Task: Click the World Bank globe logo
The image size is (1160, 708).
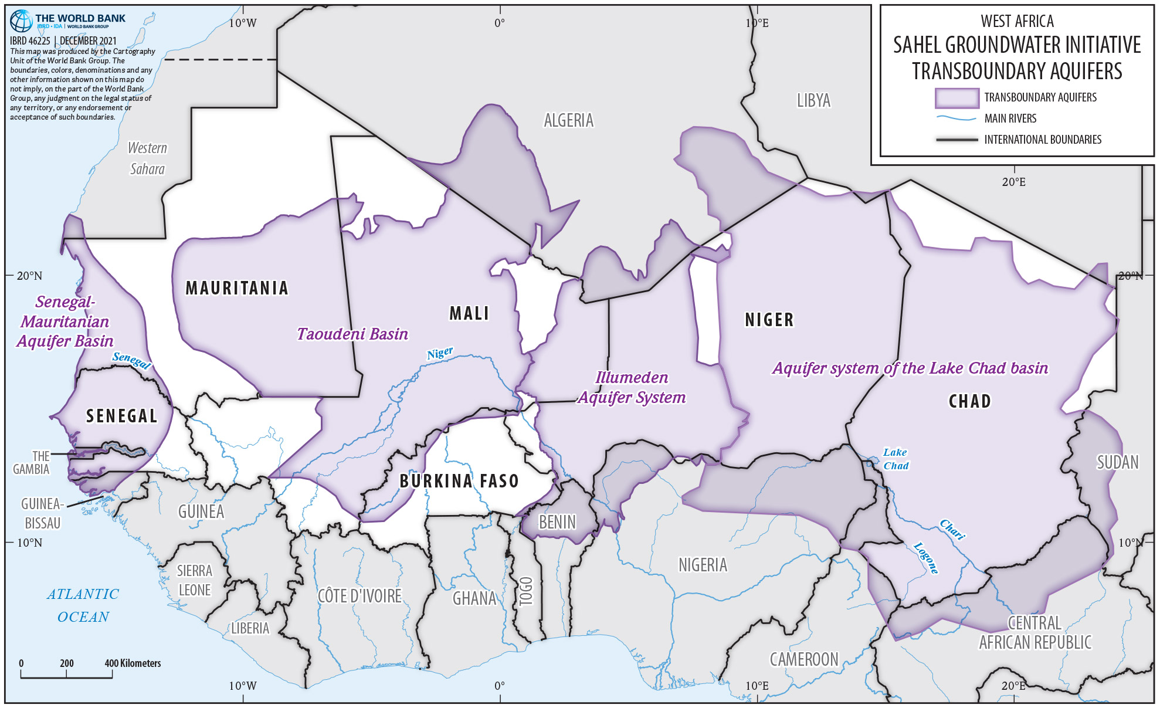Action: click(x=21, y=21)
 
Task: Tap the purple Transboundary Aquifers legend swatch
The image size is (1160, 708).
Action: click(x=957, y=98)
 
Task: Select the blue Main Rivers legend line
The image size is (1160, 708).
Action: click(x=957, y=118)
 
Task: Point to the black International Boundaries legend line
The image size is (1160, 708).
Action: click(x=957, y=140)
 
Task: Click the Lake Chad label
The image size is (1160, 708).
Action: click(x=896, y=459)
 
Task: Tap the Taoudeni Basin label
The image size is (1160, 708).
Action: click(x=352, y=334)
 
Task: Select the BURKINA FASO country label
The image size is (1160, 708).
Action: click(x=459, y=481)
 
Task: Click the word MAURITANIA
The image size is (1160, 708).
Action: click(x=237, y=288)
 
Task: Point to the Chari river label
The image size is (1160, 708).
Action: click(x=952, y=529)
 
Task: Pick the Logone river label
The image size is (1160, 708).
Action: click(x=926, y=558)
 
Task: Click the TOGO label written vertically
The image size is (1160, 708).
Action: click(x=526, y=591)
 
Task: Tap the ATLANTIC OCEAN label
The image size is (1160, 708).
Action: click(x=83, y=605)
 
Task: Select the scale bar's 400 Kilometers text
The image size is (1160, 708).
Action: click(x=133, y=663)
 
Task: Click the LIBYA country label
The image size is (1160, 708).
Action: click(x=813, y=100)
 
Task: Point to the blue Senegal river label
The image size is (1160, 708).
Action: click(x=131, y=360)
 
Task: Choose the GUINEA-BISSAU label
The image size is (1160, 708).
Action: click(x=42, y=513)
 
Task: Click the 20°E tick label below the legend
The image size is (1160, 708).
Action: click(x=1013, y=182)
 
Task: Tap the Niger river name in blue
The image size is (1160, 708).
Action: click(x=439, y=353)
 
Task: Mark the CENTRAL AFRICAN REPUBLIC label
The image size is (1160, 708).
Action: click(x=1035, y=632)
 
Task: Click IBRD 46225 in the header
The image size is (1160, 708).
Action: click(x=30, y=41)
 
